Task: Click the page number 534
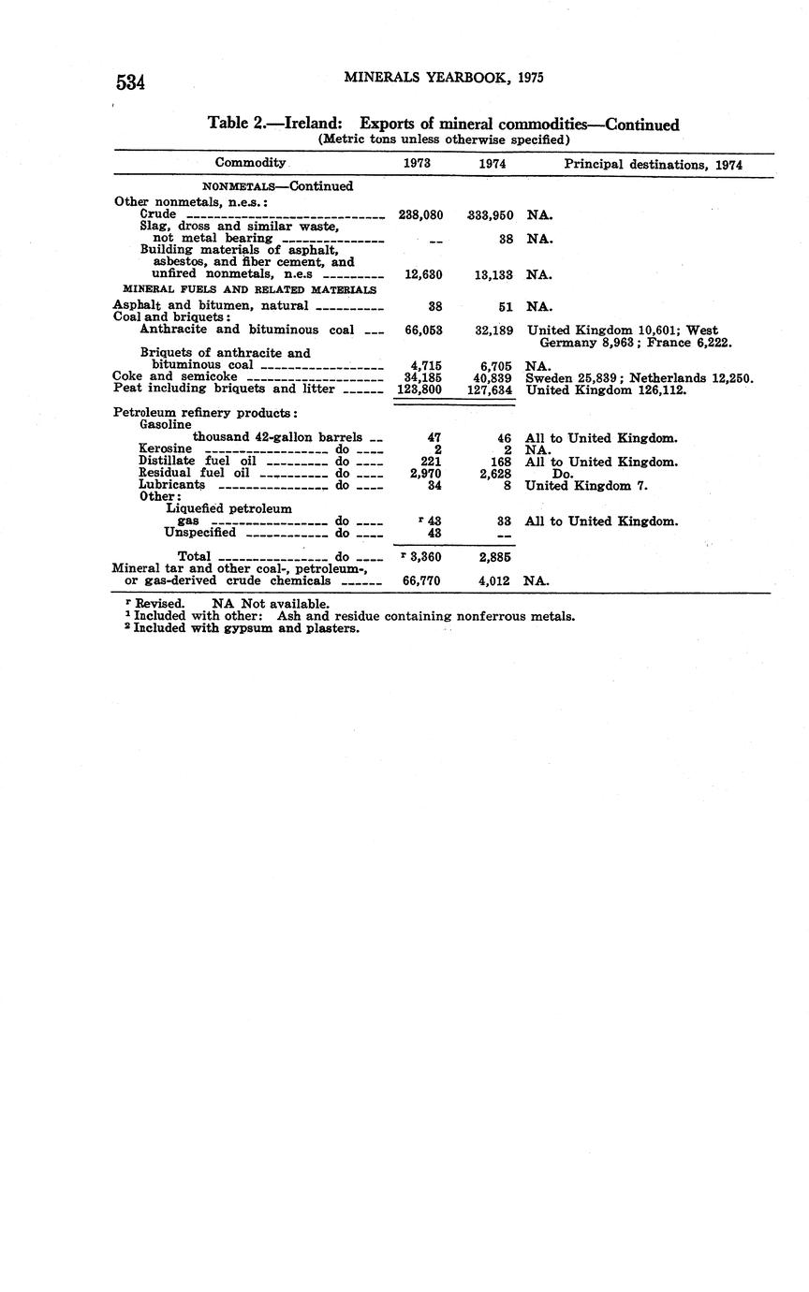click(131, 82)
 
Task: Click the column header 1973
click(417, 163)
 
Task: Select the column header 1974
click(493, 163)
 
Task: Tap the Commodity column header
click(250, 163)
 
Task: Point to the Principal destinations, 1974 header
click(653, 164)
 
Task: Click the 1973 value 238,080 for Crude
click(420, 214)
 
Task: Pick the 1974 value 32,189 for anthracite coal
click(493, 330)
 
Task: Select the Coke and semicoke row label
click(175, 376)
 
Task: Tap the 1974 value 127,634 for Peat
click(490, 389)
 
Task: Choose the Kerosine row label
click(165, 449)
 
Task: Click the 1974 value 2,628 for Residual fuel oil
click(493, 474)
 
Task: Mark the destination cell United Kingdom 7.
click(586, 486)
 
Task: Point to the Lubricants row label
click(171, 486)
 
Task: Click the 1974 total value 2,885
click(493, 557)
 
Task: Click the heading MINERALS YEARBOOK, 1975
click(444, 78)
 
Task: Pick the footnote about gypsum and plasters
click(246, 628)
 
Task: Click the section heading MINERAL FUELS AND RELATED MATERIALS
click(249, 290)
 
